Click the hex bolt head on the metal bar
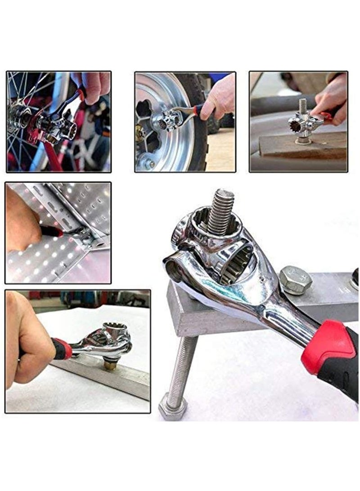click(295, 279)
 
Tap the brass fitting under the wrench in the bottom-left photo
click(110, 365)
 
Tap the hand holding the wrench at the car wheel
click(220, 97)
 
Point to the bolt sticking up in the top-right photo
click(302, 108)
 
